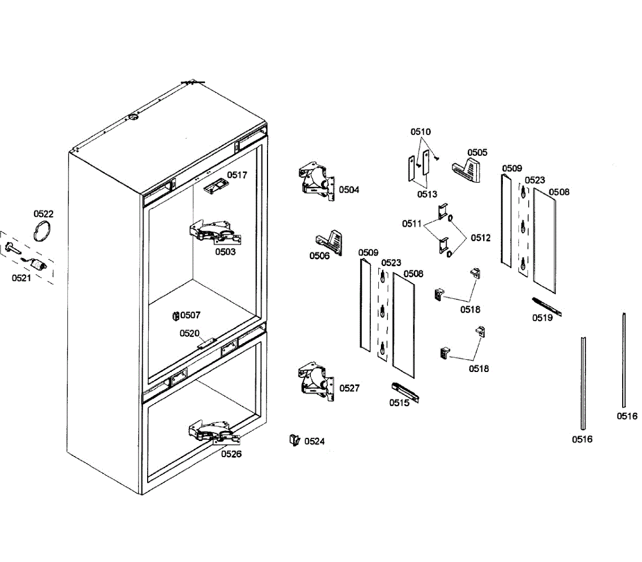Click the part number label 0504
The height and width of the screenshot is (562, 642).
[x=349, y=189]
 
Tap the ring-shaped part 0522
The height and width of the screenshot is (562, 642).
[x=43, y=232]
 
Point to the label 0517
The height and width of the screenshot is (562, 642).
[x=237, y=175]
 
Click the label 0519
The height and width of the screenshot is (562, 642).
[x=542, y=318]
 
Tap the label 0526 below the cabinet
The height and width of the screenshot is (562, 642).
[x=232, y=454]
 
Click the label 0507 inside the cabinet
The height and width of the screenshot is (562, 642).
[x=190, y=315]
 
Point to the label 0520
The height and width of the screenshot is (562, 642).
[x=189, y=333]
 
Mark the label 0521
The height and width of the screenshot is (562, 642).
[x=21, y=278]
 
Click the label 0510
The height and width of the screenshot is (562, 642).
[x=421, y=132]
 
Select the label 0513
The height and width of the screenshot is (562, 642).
[x=427, y=194]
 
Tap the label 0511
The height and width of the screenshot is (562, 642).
[x=412, y=224]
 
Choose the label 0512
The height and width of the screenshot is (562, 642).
[x=480, y=238]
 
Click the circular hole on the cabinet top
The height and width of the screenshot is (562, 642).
[x=132, y=117]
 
